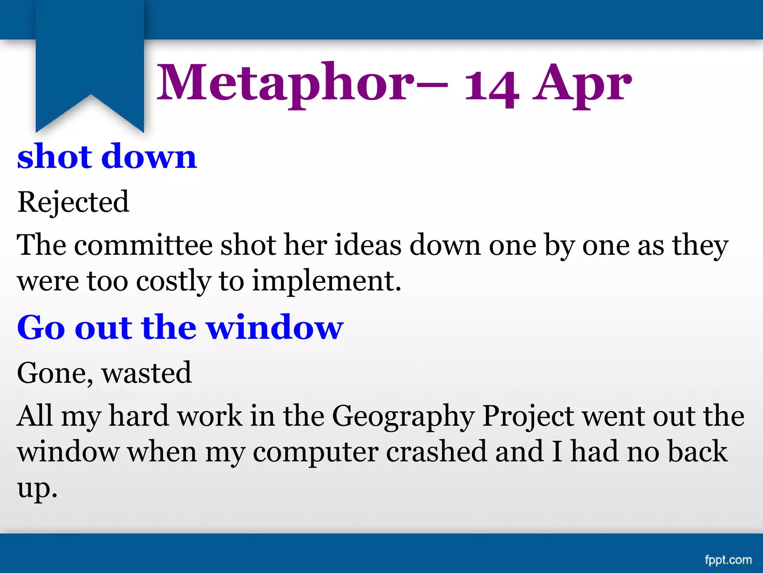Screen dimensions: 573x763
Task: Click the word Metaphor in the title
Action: (285, 83)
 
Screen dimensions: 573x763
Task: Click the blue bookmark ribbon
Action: (90, 60)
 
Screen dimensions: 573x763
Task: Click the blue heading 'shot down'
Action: (107, 156)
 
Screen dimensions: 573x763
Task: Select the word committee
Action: (143, 245)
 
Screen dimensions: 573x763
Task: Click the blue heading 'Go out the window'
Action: (180, 327)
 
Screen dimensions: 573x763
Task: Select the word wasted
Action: (147, 373)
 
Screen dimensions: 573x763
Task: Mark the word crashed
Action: (436, 451)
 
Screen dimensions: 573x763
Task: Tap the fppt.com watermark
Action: (728, 560)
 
